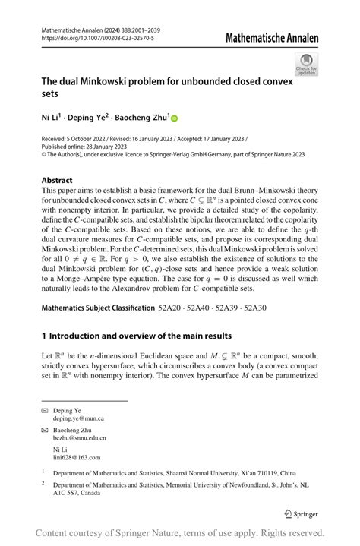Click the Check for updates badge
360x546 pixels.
[307, 64]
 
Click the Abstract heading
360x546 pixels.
[58, 181]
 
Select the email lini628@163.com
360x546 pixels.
[76, 457]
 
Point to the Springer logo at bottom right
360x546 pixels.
[301, 513]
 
